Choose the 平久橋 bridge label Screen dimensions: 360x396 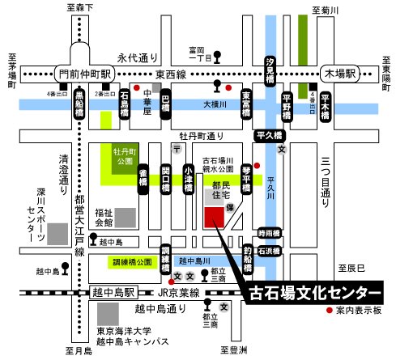coord(268,136)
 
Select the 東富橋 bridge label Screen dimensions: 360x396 coord(246,107)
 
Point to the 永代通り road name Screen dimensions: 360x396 coord(136,58)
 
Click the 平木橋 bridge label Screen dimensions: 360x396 coord(326,105)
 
